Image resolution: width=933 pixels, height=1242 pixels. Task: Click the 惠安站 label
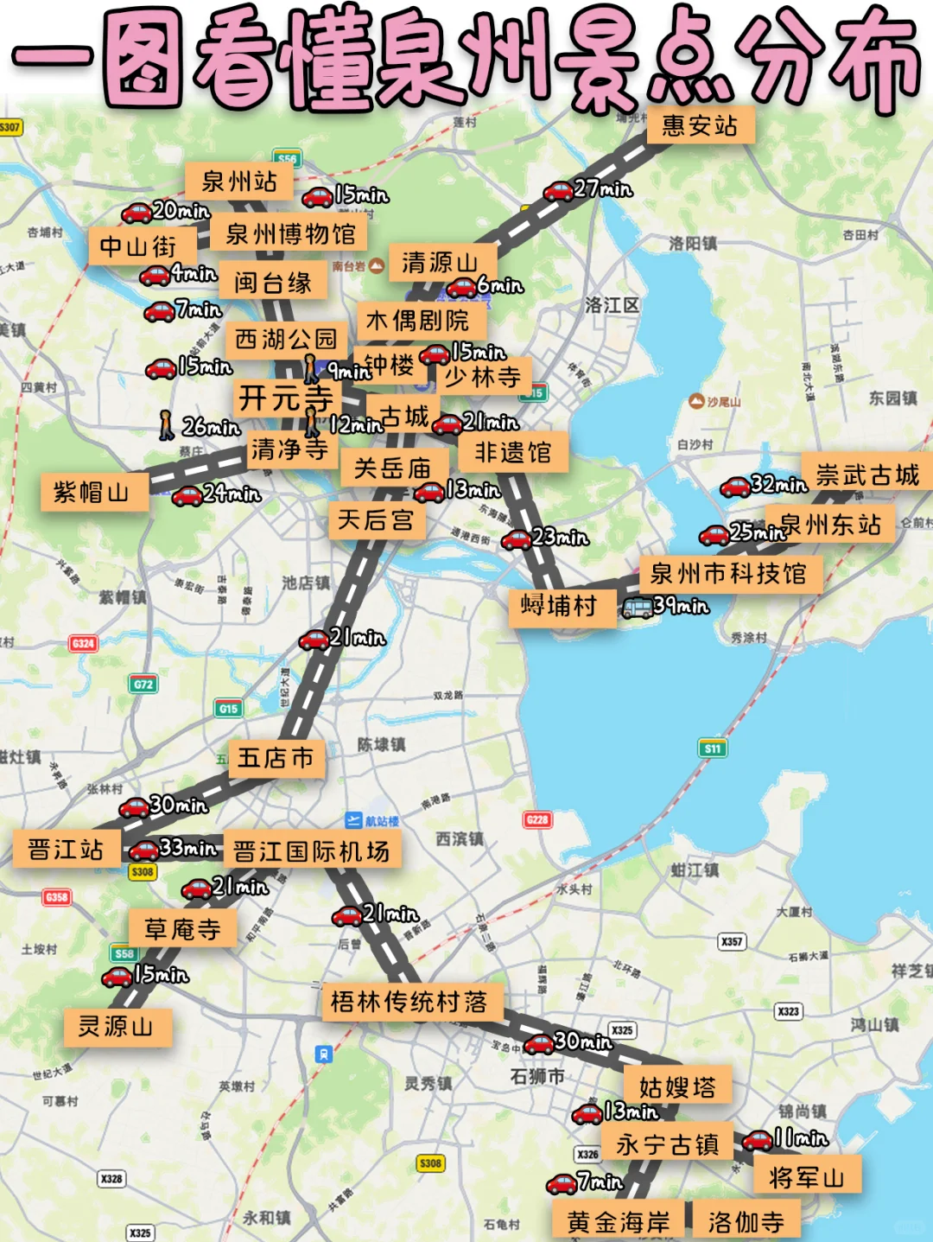pyautogui.click(x=700, y=126)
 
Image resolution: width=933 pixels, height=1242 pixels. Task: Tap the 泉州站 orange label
pyautogui.click(x=238, y=182)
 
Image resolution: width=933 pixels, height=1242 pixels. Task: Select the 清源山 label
pyautogui.click(x=440, y=263)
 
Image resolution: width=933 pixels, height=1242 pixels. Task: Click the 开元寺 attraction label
pyautogui.click(x=285, y=398)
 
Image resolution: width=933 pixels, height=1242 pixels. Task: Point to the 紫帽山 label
pyautogui.click(x=92, y=493)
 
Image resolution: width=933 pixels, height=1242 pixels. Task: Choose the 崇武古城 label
pyautogui.click(x=866, y=475)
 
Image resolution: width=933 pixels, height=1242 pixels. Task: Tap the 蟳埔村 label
pyautogui.click(x=558, y=606)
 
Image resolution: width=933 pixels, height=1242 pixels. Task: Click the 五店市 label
pyautogui.click(x=276, y=759)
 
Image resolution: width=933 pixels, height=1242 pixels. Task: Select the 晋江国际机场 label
pyautogui.click(x=311, y=851)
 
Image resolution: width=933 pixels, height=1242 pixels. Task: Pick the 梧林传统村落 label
pyautogui.click(x=409, y=1002)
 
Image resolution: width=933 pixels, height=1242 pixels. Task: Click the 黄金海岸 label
pyautogui.click(x=619, y=1222)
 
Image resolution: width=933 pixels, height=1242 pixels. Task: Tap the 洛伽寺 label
pyautogui.click(x=746, y=1222)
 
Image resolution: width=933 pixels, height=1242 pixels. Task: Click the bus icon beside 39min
pyautogui.click(x=638, y=608)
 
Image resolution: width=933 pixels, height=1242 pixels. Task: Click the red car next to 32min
pyautogui.click(x=735, y=487)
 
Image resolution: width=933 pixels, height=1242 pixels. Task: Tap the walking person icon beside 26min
pyautogui.click(x=168, y=425)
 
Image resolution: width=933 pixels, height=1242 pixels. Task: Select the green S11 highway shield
pyautogui.click(x=712, y=748)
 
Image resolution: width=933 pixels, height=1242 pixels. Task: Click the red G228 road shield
pyautogui.click(x=537, y=819)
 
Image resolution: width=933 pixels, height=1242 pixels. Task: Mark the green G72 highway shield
pyautogui.click(x=143, y=685)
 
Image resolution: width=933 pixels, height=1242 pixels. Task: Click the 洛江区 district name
pyautogui.click(x=612, y=305)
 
